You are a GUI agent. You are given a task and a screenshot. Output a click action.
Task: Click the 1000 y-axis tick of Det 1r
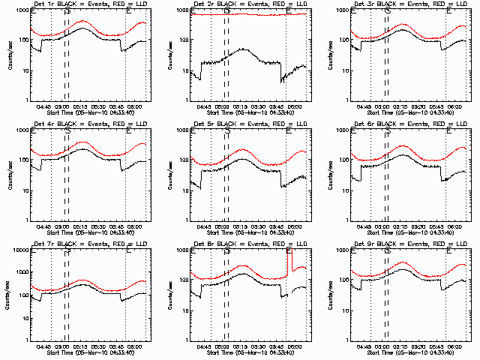point(22,10)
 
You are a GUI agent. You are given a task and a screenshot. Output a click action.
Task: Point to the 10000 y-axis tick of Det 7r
point(20,250)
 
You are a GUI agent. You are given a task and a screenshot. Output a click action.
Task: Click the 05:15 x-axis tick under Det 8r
point(240,346)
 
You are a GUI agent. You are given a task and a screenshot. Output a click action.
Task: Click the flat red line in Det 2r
point(247,15)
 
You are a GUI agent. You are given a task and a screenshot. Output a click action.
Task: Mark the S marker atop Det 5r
point(226,130)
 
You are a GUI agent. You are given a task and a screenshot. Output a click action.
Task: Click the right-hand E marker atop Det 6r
point(448,130)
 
